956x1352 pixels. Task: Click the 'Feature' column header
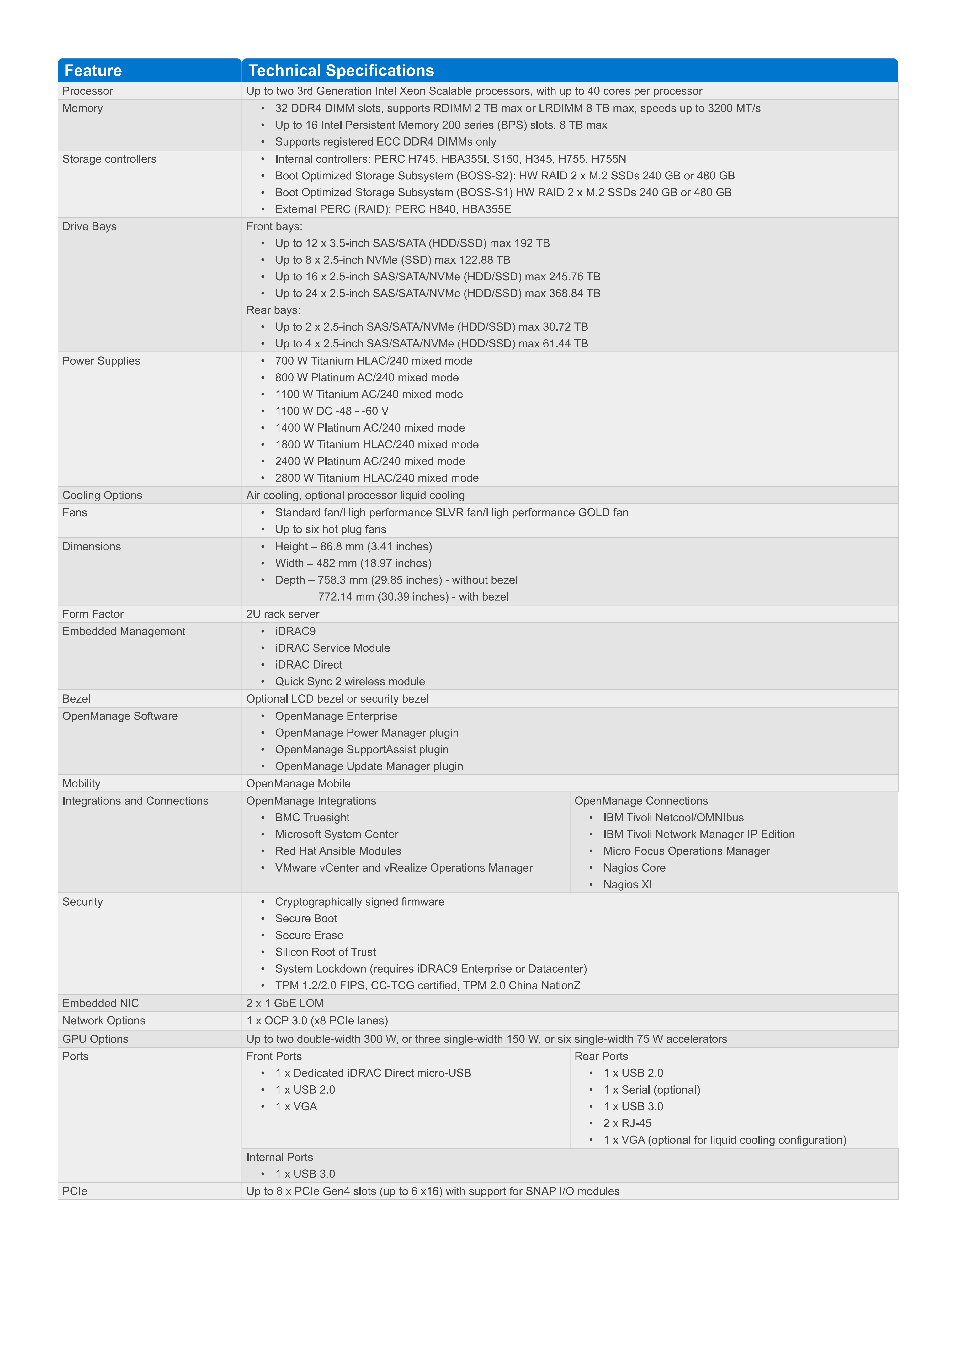pyautogui.click(x=93, y=71)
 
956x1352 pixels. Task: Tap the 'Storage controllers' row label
pyautogui.click(x=109, y=159)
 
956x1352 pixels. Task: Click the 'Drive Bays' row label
pyautogui.click(x=90, y=227)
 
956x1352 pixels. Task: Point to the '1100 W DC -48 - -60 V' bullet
pyautogui.click(x=332, y=411)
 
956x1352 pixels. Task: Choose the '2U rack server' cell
pyautogui.click(x=283, y=614)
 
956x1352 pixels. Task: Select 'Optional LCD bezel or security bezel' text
pyautogui.click(x=337, y=699)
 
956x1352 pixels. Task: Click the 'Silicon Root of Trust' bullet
pyautogui.click(x=325, y=952)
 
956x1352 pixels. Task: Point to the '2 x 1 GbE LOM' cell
pyautogui.click(x=284, y=1003)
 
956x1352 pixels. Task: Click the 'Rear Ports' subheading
pyautogui.click(x=601, y=1056)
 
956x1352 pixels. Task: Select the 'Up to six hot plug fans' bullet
pyautogui.click(x=330, y=529)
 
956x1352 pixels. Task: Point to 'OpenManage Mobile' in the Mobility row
pyautogui.click(x=298, y=784)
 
